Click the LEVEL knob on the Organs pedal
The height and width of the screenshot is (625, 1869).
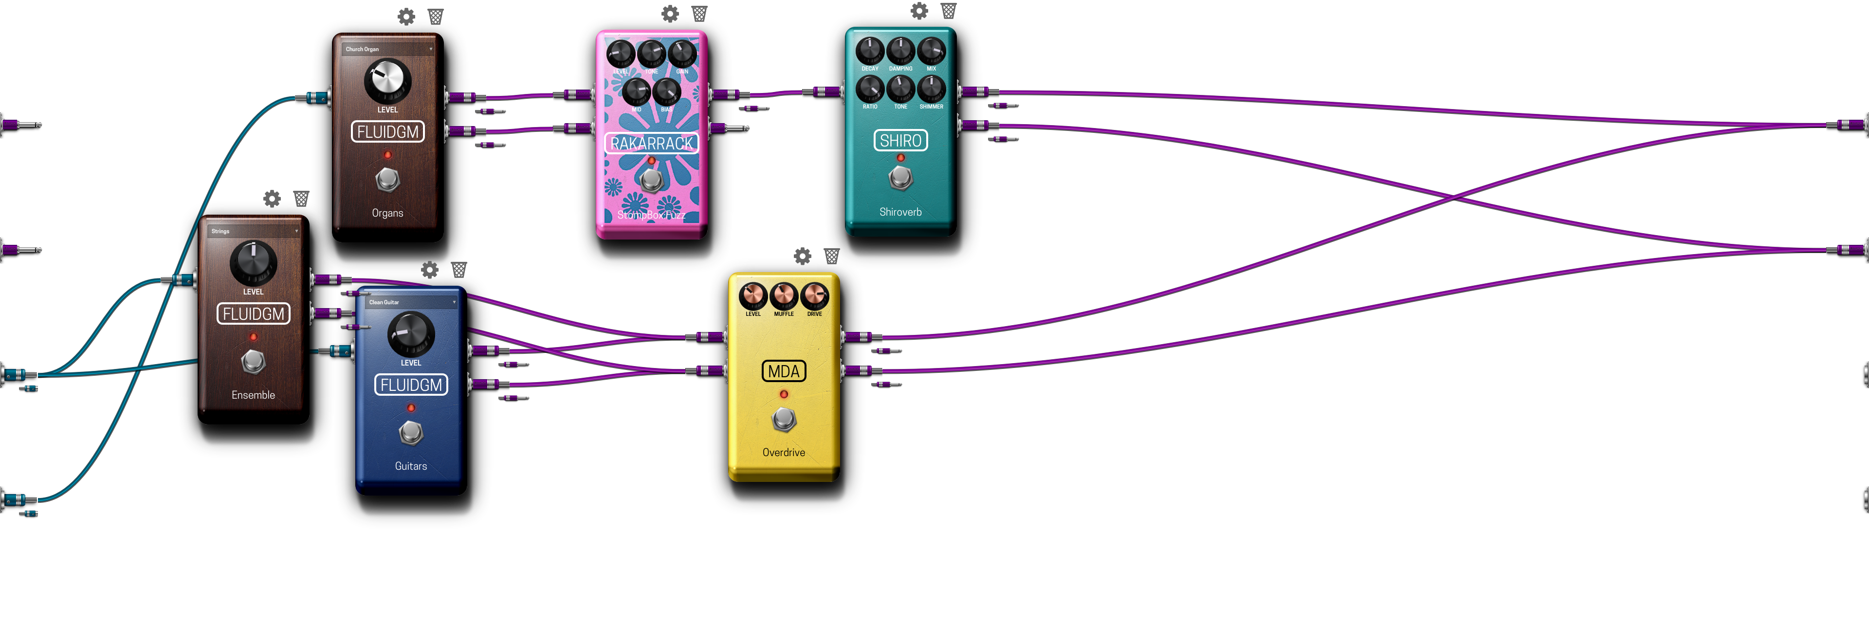387,81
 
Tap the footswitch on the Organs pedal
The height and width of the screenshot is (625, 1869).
387,179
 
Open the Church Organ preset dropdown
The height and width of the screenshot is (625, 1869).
388,49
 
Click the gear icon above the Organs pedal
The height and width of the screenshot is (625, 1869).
406,17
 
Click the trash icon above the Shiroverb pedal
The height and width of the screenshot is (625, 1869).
948,11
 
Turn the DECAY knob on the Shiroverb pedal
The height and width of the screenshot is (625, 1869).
870,51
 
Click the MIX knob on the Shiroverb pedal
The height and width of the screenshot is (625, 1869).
931,51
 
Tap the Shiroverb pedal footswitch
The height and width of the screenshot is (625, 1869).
900,176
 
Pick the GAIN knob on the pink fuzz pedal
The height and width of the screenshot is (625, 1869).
682,53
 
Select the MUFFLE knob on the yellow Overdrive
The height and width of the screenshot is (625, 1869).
784,296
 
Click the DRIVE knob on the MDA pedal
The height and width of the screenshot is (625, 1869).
814,296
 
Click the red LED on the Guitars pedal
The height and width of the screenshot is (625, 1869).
411,408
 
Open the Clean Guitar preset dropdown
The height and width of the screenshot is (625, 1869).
411,302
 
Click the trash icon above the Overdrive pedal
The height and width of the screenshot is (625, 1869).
831,256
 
